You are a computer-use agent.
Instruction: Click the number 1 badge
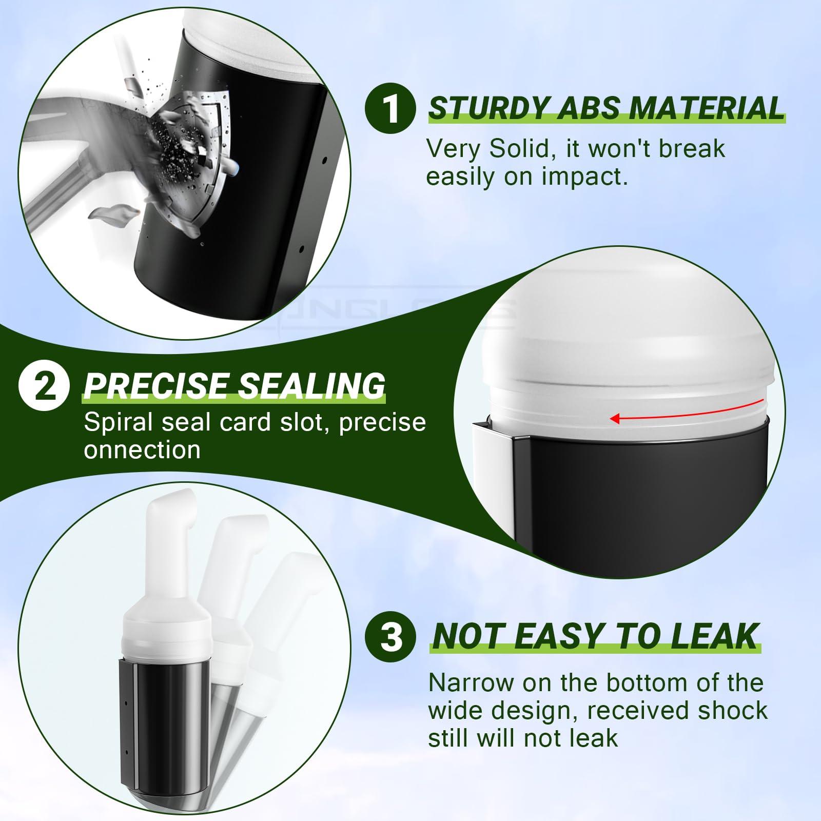(390, 108)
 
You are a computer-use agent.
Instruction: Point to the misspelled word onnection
(142, 450)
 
